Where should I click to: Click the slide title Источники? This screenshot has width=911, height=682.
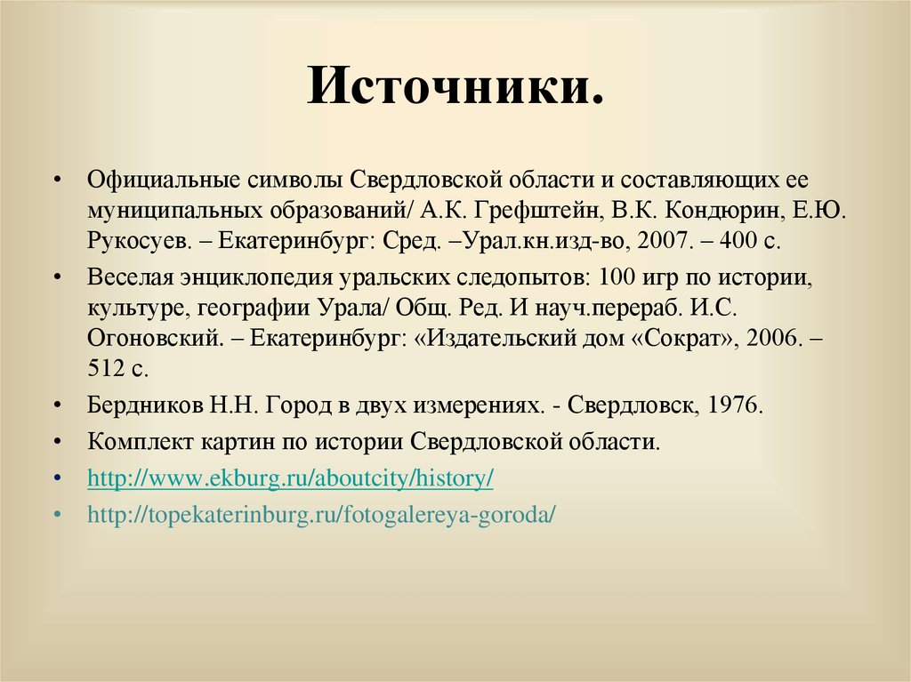[x=455, y=90]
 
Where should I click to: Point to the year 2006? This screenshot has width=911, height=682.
[x=770, y=339]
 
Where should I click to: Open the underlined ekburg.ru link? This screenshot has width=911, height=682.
[x=290, y=478]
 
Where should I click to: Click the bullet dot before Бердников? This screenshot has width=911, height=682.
[x=57, y=405]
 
